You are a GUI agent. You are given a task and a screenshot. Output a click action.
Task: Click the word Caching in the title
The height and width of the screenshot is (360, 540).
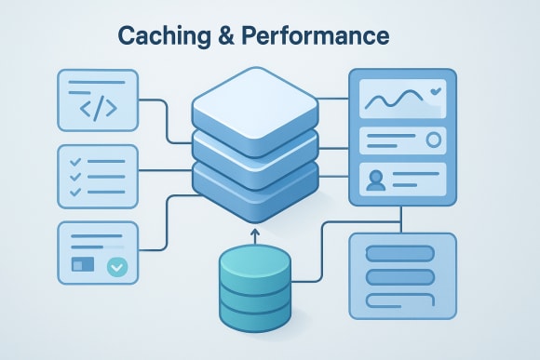[166, 36]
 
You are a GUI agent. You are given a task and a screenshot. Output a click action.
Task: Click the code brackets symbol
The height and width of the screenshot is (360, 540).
[98, 107]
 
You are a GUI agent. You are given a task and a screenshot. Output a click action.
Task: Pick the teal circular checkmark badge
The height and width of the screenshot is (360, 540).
[116, 266]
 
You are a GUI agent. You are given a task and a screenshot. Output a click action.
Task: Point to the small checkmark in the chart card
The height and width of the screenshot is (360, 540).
[436, 92]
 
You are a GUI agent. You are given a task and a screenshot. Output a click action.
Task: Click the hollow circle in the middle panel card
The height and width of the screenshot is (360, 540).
[433, 140]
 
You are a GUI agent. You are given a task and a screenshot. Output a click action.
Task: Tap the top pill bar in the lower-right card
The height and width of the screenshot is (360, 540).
[401, 253]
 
